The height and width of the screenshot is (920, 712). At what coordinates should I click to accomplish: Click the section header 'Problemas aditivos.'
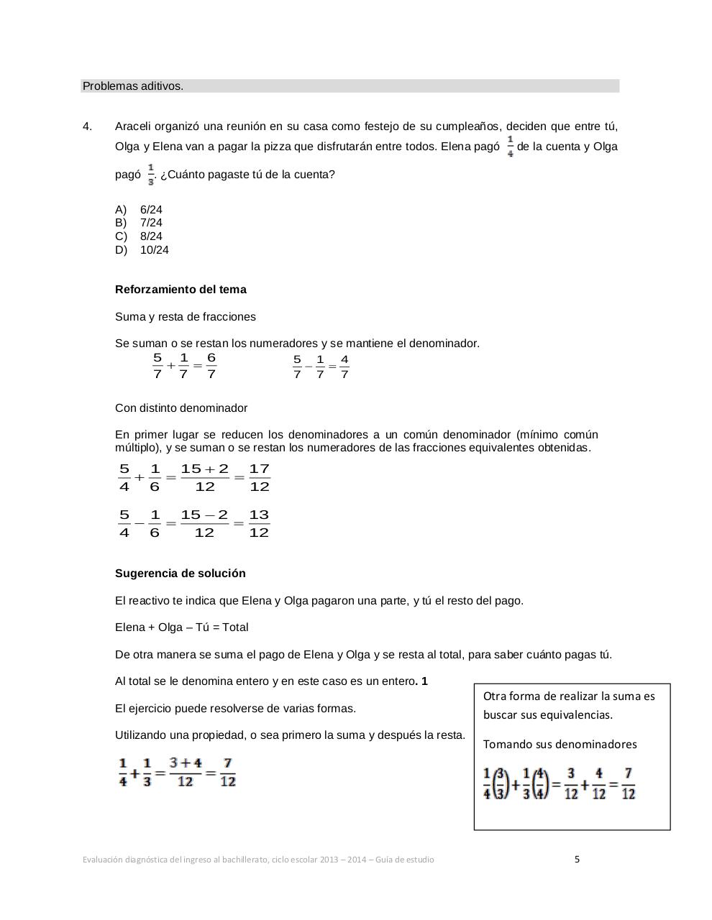click(x=133, y=86)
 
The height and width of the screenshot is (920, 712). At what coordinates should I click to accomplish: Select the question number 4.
click(x=87, y=126)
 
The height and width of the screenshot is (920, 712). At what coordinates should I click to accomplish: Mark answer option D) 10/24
click(x=142, y=250)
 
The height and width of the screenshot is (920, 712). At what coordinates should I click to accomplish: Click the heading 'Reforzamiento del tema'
click(x=181, y=290)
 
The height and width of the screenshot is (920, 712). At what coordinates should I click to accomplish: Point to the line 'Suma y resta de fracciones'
click(x=186, y=317)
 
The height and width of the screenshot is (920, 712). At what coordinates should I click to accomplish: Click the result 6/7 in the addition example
click(x=211, y=366)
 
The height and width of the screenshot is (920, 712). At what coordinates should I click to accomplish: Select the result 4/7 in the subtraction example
click(x=344, y=367)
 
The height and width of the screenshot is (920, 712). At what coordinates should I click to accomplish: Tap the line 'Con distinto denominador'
click(x=181, y=408)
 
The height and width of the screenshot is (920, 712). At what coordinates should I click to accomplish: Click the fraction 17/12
click(x=260, y=478)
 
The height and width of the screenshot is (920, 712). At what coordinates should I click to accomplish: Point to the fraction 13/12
click(x=259, y=524)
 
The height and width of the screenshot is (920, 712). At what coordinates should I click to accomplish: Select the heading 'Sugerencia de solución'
click(x=181, y=574)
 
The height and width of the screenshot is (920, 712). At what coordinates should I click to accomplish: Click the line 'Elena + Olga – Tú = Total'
click(x=182, y=627)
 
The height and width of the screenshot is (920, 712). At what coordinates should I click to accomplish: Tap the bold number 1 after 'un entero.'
click(x=425, y=681)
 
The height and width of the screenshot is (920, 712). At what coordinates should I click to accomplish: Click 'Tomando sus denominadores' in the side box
click(x=560, y=745)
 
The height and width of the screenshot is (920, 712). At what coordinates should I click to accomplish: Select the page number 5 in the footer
click(x=577, y=859)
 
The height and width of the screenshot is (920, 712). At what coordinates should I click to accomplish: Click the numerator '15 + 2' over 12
click(x=205, y=469)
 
